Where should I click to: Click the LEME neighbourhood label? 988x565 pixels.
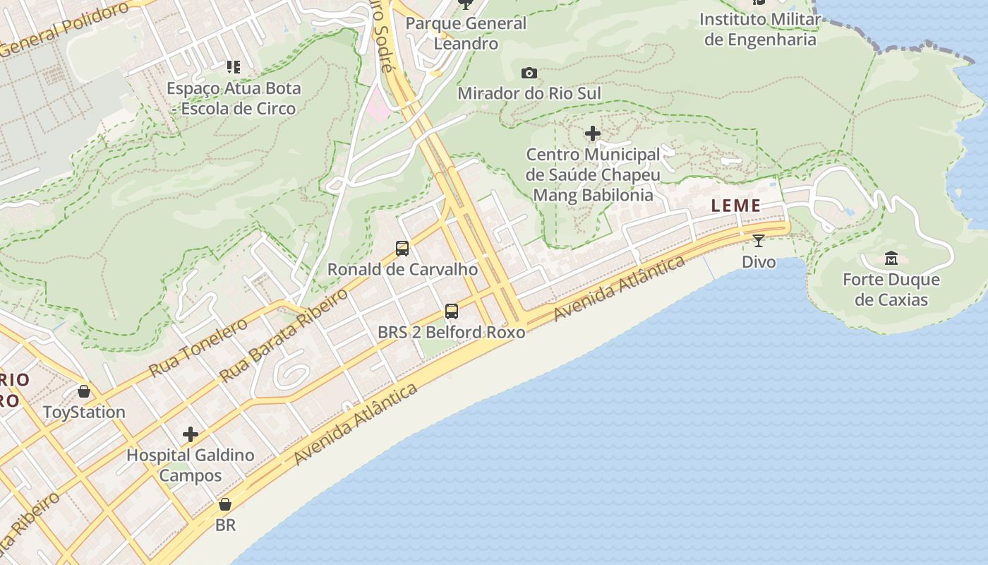tap(736, 206)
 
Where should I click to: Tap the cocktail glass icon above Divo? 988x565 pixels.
tap(759, 241)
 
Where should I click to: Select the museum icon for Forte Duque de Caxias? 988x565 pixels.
tap(891, 258)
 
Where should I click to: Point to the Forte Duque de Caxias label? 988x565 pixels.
tap(891, 290)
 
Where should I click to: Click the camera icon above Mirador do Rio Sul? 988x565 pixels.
tap(529, 73)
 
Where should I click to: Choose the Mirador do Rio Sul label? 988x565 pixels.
tap(529, 93)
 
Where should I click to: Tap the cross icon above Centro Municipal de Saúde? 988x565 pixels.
tap(593, 133)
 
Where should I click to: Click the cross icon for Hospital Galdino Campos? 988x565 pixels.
tap(190, 434)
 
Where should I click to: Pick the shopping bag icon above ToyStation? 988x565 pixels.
tap(84, 391)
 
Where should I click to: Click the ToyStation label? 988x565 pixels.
tap(84, 412)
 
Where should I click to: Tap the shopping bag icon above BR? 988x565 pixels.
tap(225, 504)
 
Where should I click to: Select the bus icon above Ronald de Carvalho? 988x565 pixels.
tap(402, 249)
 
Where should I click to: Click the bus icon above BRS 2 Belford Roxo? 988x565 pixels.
tap(451, 311)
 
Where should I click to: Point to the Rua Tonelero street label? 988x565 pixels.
tap(198, 347)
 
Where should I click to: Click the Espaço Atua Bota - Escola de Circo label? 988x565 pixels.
tap(234, 98)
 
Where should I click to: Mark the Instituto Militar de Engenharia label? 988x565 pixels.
tap(760, 29)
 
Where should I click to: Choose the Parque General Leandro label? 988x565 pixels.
tap(466, 33)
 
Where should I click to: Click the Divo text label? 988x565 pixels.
tap(759, 262)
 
